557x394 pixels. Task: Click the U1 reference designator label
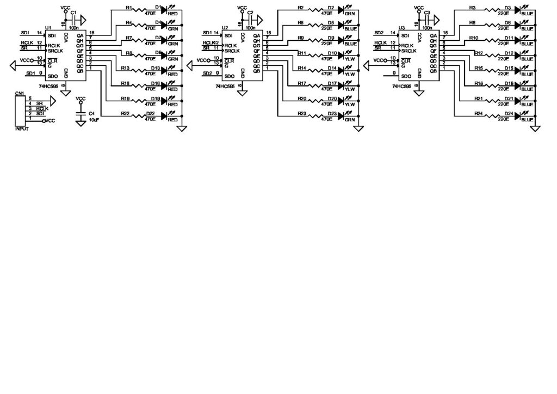click(48, 28)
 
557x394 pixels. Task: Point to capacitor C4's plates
click(81, 114)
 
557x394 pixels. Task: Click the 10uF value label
click(94, 119)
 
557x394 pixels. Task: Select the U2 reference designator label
click(225, 28)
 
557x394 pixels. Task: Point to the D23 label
click(331, 113)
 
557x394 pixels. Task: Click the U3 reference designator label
click(401, 28)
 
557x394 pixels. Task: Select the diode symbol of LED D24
click(518, 115)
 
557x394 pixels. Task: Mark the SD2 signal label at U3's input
click(380, 33)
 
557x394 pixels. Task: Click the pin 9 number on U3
click(394, 73)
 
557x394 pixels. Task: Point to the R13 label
click(125, 68)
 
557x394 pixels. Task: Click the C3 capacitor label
click(427, 12)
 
